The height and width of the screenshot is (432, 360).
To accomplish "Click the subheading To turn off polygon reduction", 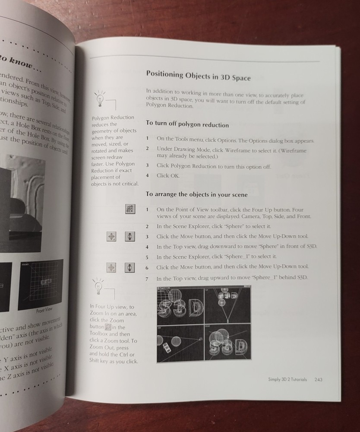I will point(187,124).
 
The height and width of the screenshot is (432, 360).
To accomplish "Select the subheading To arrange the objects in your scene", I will point(196,194).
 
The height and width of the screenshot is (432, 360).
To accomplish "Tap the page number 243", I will point(319,379).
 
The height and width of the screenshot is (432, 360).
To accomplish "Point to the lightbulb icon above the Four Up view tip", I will point(99,285).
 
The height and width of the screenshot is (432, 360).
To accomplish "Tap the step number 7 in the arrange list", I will point(147,279).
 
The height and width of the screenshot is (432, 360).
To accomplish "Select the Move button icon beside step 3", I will point(111,236).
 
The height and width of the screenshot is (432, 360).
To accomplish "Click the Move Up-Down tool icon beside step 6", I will point(128,268).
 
